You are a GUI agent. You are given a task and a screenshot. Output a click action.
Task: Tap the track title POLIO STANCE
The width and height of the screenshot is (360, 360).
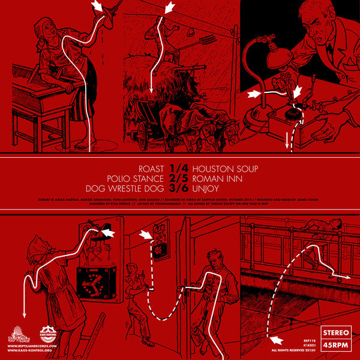tap(135, 178)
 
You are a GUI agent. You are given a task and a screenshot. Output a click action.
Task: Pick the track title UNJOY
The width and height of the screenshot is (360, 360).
tap(202, 188)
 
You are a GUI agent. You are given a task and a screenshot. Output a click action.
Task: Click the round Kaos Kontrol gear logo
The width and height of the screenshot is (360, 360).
tap(49, 334)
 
